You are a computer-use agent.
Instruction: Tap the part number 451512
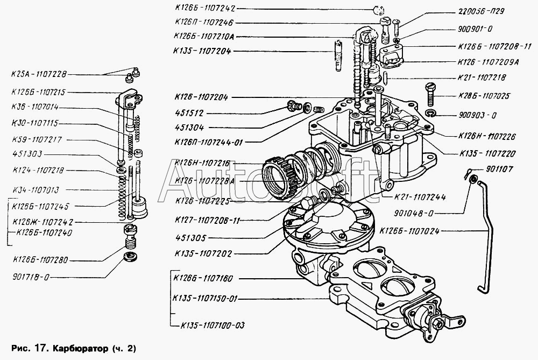(188, 114)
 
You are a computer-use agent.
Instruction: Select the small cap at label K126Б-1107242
(377, 9)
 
